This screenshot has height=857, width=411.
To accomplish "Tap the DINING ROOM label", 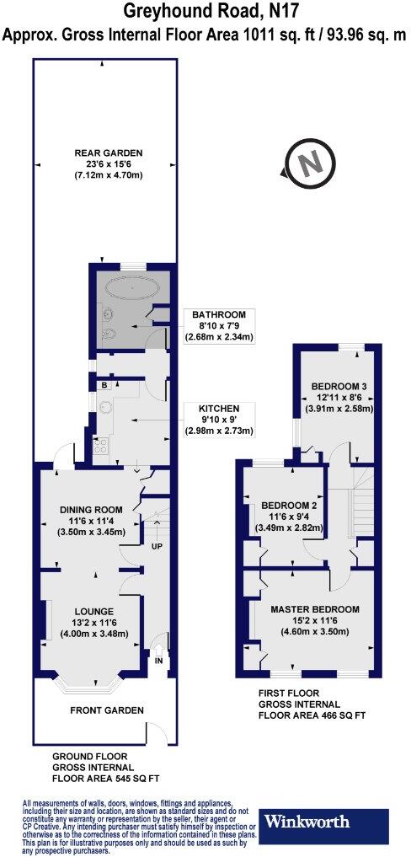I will click(91, 509).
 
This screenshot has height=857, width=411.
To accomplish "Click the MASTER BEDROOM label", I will click(315, 608).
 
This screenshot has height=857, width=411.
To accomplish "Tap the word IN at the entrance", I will click(157, 661).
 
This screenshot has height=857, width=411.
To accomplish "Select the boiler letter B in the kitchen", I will click(104, 385).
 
